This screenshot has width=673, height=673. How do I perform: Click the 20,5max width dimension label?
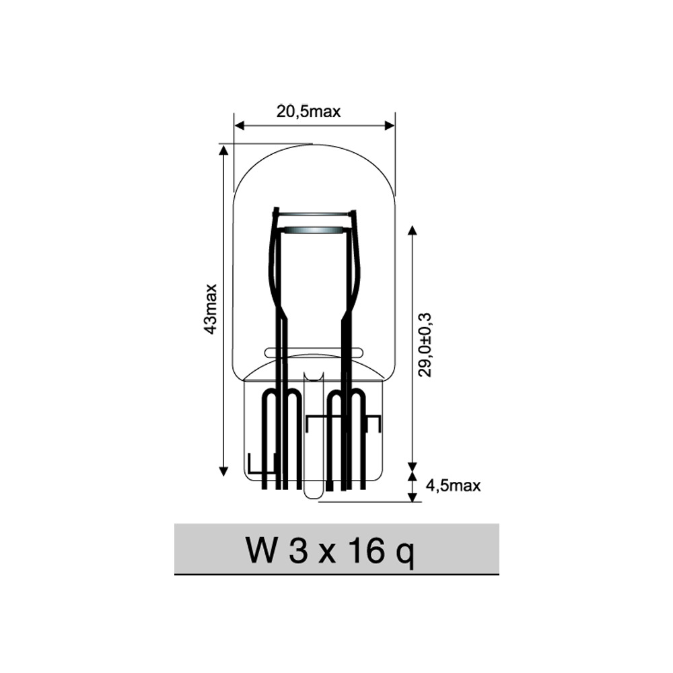309,112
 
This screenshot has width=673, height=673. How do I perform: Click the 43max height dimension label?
211,309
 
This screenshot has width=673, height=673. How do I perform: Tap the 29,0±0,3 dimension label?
425,345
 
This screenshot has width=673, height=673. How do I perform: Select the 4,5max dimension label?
453,485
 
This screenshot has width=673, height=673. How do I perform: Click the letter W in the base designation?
260,551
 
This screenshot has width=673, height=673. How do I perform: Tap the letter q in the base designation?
406,555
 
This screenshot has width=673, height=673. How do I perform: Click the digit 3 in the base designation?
298,551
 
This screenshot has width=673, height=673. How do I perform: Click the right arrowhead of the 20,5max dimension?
389,125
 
